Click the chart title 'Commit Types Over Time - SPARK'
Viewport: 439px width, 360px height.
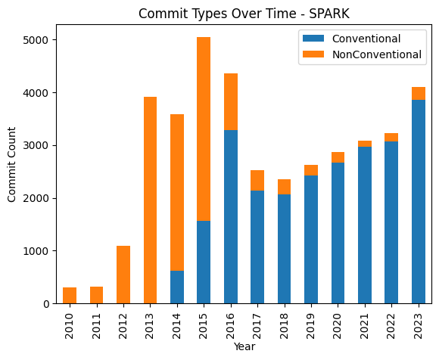[244, 14]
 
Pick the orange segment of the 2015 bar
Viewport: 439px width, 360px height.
[204, 129]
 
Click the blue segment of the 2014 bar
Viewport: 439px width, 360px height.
[176, 287]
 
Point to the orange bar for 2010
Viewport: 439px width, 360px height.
[70, 296]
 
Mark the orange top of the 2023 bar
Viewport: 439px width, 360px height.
[418, 94]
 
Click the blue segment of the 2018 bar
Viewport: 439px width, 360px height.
[284, 249]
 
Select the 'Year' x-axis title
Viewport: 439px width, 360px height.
[244, 347]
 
